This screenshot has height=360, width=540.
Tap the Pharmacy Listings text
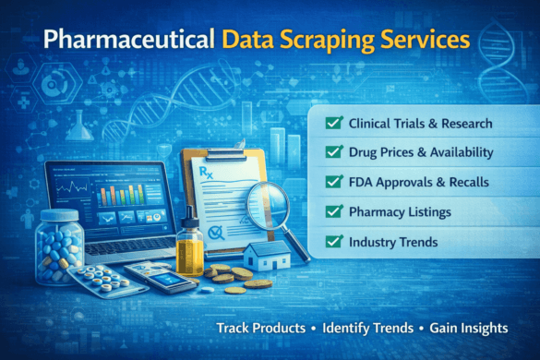click(399, 213)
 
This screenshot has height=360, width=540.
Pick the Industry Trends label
click(391, 243)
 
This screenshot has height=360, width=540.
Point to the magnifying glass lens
click(268, 201)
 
